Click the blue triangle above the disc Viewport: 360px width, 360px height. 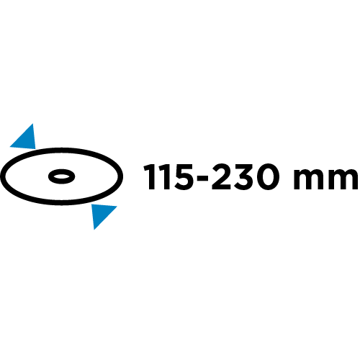[26, 139]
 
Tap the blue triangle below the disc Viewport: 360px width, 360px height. [101, 214]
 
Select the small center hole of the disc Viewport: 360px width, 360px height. [62, 176]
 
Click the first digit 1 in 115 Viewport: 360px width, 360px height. [149, 177]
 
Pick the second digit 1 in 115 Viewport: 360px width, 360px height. [164, 177]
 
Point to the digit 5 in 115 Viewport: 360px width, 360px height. [183, 177]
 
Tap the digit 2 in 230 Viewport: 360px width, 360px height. [221, 176]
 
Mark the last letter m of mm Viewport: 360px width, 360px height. [343, 180]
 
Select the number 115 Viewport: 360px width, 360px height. [168, 177]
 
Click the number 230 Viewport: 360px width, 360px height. [245, 177]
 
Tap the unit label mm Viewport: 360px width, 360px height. [326, 180]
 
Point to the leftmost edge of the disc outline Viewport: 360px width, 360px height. [3, 176]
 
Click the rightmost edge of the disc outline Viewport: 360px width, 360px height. [121, 176]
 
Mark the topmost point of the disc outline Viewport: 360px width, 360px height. [62, 150]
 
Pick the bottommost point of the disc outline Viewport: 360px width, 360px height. [62, 203]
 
